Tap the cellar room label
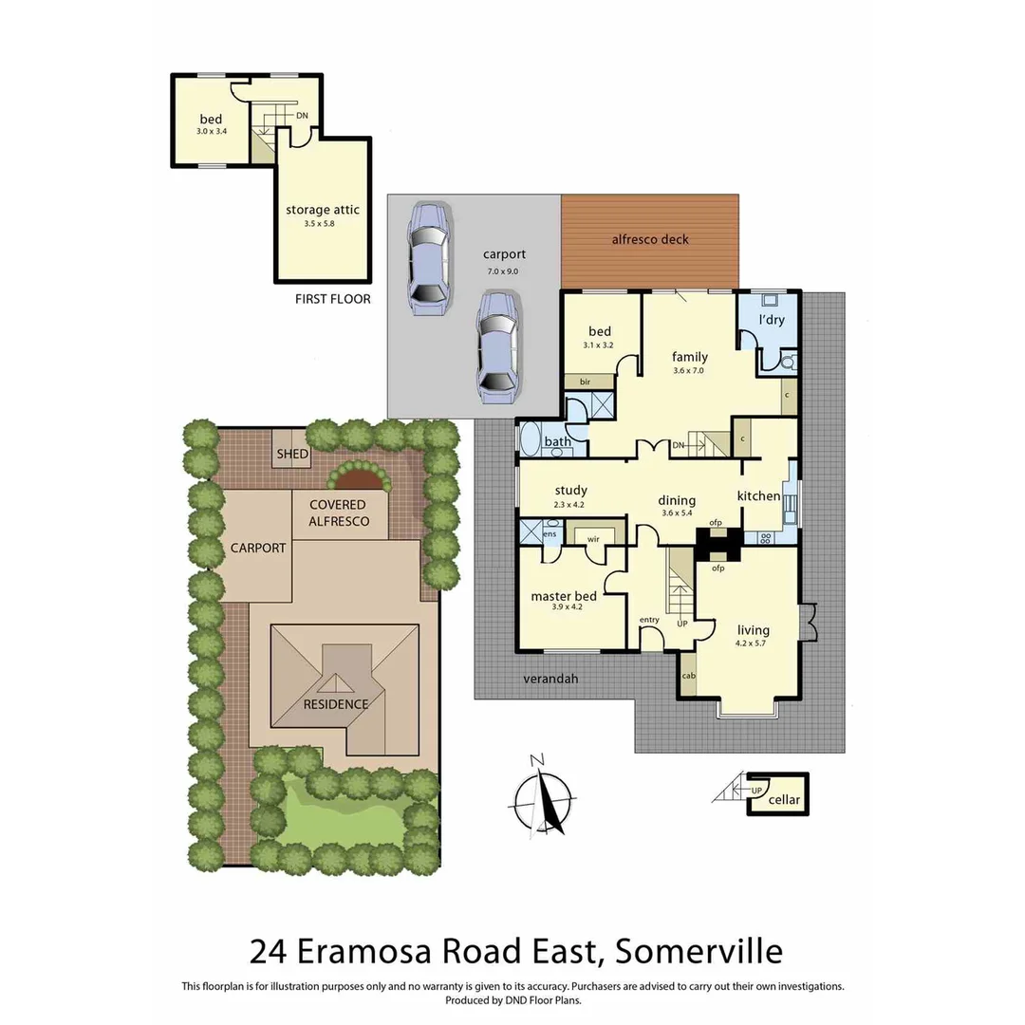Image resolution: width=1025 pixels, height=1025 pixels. point(785,800)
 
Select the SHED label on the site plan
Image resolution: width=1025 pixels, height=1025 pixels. point(292,454)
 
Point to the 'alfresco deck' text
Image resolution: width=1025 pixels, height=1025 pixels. point(649,239)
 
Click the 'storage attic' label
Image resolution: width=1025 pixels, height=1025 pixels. point(323,210)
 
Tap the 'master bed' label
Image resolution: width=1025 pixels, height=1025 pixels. point(564,596)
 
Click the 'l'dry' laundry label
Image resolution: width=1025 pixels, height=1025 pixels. point(771,320)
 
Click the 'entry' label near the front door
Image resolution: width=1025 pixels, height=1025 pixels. point(649,620)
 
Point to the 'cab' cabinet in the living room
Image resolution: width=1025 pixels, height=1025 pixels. point(688,676)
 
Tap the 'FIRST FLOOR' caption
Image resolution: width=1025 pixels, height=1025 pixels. point(333,299)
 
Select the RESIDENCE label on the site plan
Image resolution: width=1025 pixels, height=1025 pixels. point(336,704)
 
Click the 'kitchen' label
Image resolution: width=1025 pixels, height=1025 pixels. point(759,496)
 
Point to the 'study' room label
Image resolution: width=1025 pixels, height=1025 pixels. point(571,491)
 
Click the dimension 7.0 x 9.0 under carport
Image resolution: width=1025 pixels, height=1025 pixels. point(504,270)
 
